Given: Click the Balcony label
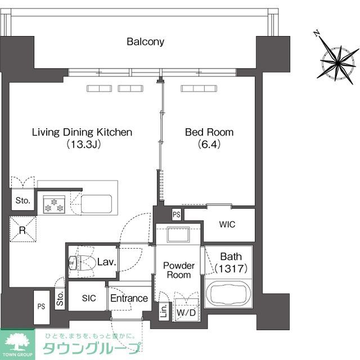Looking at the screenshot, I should (145, 42).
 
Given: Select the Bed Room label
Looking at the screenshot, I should (209, 133).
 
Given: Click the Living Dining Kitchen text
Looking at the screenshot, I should (82, 133).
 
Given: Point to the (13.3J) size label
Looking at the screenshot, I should (82, 145).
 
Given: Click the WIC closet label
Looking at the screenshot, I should (227, 224).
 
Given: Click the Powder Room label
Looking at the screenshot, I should (179, 270).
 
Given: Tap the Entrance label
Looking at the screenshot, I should (129, 298).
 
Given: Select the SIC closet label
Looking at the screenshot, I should (89, 299).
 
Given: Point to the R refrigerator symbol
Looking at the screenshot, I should (22, 229).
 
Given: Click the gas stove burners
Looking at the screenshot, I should (52, 203).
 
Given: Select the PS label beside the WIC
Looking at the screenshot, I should (177, 214).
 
